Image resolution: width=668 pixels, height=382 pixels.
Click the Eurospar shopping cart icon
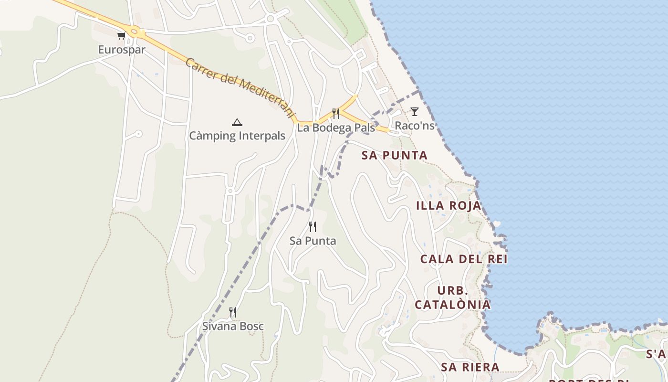121,35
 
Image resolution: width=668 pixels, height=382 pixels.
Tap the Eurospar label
122,49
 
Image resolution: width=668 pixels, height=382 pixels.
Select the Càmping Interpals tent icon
237,122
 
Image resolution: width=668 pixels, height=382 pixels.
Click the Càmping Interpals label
237,136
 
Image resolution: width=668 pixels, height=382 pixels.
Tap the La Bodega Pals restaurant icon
336,114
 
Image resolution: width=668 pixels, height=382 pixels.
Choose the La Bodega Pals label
336,127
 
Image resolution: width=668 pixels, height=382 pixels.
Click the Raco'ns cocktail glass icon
415,112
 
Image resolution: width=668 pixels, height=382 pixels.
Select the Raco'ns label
415,126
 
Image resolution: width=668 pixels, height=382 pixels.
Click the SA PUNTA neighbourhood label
394,155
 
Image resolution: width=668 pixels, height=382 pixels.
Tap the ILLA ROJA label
449,206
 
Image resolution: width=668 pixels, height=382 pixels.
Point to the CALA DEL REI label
463,259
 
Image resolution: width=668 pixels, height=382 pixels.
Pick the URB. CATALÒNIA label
452,297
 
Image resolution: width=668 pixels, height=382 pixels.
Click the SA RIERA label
470,367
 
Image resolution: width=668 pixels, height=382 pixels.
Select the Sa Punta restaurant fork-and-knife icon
313,227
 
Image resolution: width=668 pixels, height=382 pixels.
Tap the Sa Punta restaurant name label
313,241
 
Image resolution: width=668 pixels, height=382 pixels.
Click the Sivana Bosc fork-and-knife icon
233,312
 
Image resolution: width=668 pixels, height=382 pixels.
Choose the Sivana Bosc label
233,327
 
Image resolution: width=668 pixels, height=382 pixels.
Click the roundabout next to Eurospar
135,32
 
